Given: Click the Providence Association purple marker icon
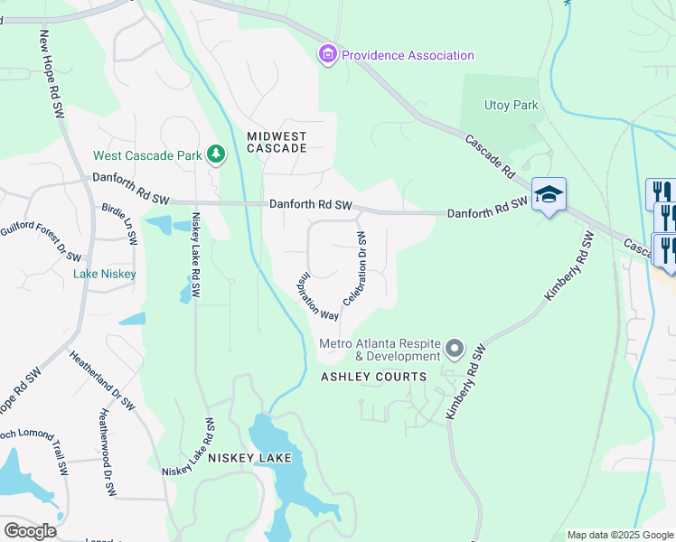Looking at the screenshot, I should (x=327, y=56).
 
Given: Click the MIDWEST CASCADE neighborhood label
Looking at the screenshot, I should (x=277, y=142).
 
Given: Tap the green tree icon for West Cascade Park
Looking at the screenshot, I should (x=216, y=155).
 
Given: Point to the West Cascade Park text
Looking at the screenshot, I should (x=147, y=155).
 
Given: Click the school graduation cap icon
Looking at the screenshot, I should (x=549, y=194).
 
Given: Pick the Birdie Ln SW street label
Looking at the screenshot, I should (x=119, y=223).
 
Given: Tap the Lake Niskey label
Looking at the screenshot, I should (x=105, y=274).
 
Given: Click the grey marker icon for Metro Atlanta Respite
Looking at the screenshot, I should (x=455, y=348).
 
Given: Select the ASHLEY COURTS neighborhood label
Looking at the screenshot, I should (x=373, y=377).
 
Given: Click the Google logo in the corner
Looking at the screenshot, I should (x=30, y=530).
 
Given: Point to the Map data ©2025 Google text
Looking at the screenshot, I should (x=620, y=535).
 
